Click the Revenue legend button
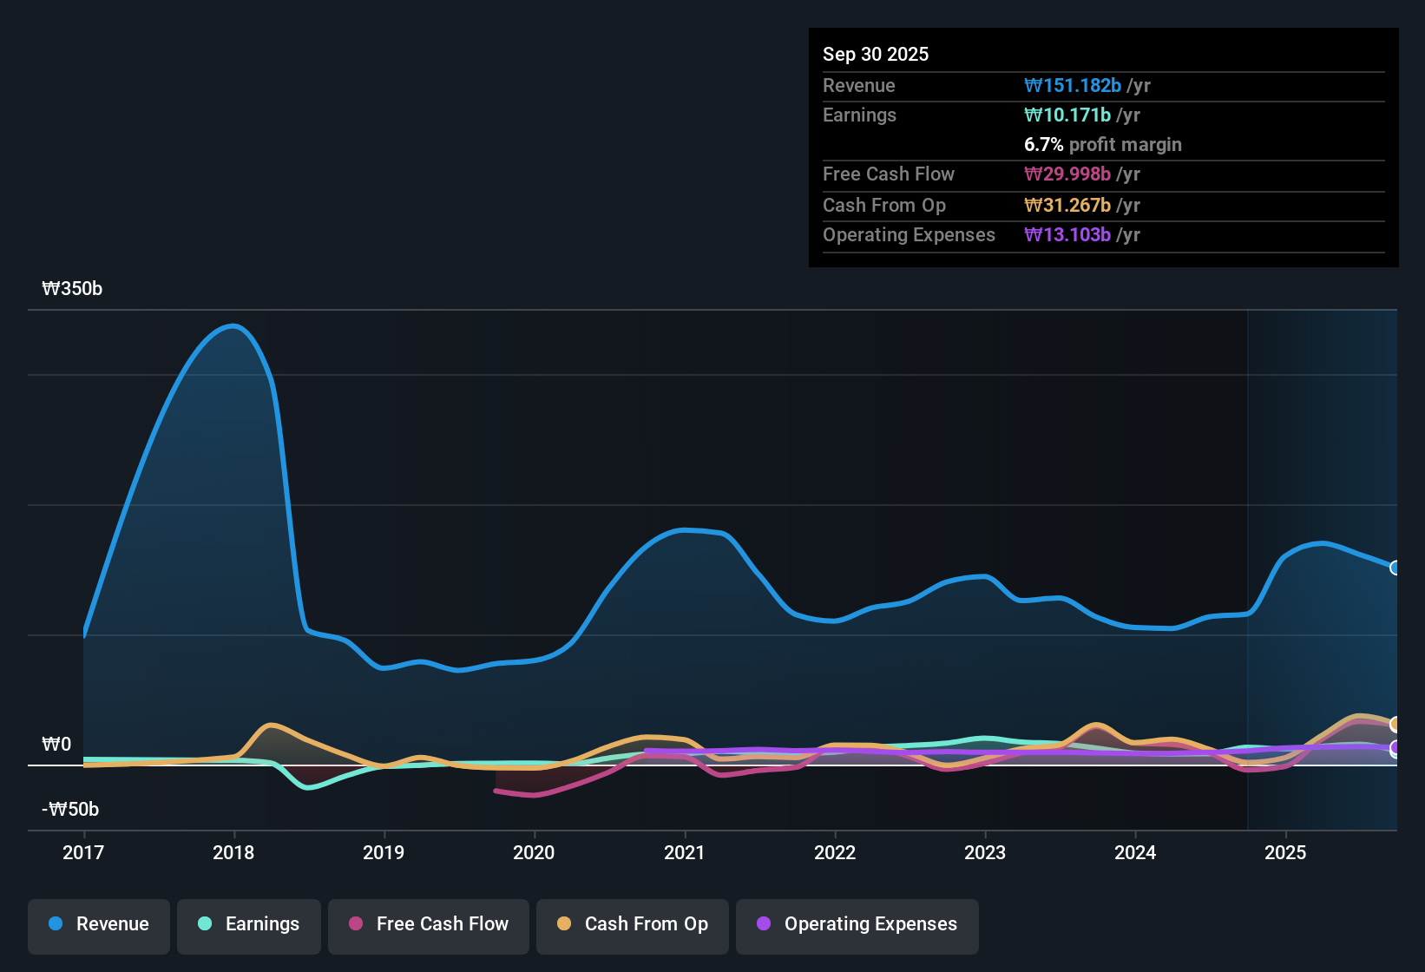[99, 925]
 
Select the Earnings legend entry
[249, 925]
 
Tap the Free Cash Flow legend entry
[429, 925]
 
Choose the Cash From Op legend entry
[633, 925]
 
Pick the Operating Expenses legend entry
[857, 925]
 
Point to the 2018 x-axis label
[233, 853]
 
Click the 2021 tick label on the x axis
[684, 853]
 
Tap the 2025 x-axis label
[1285, 853]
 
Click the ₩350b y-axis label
[72, 289]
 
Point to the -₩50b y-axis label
[70, 810]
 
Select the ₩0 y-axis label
[56, 745]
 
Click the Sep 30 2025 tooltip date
[875, 55]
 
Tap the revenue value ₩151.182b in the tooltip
[1073, 86]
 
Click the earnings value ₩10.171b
[1067, 115]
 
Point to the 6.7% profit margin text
[1102, 145]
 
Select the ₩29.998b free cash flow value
[1067, 174]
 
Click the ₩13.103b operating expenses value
[1067, 235]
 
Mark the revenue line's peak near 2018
[233, 326]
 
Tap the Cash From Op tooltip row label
[883, 206]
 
